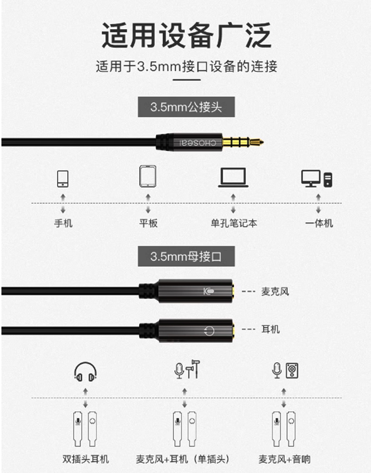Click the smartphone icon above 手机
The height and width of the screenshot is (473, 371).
[63, 178]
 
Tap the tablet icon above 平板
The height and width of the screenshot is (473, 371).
[148, 176]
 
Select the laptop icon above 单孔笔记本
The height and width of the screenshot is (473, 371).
[233, 178]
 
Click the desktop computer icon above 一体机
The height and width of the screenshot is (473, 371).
[317, 178]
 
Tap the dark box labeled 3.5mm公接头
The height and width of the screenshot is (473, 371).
[186, 107]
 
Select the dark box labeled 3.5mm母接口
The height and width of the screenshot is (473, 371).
[186, 256]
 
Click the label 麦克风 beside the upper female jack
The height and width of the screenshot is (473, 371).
[275, 291]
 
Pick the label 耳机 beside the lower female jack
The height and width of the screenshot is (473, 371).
[270, 329]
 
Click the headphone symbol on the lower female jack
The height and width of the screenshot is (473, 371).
[209, 331]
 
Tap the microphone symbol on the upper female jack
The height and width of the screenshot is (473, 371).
[209, 291]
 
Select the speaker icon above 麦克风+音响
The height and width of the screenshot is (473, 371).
[292, 371]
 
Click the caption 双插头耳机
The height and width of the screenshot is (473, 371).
[86, 459]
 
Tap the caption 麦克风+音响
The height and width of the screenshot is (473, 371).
[284, 459]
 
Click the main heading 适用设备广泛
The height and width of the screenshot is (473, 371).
[186, 35]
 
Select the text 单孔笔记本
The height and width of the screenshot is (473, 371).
[234, 223]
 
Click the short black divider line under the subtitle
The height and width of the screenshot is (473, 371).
[186, 80]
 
